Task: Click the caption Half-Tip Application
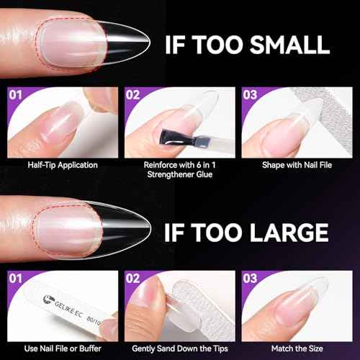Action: pos(60,165)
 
